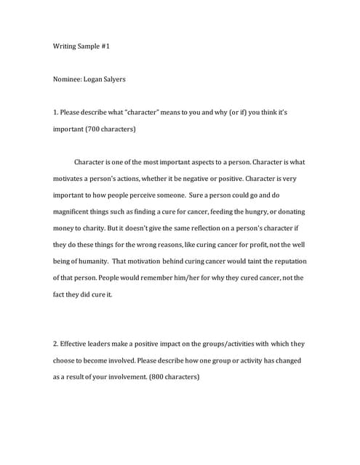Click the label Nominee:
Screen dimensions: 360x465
(x=68, y=80)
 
